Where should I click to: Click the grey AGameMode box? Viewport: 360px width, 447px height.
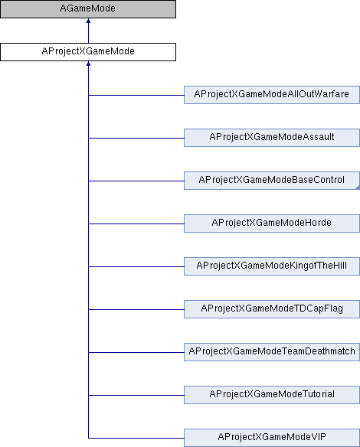(88, 9)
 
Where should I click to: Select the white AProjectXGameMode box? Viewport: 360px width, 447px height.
(88, 52)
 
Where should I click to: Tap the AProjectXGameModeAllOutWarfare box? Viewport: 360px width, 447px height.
(272, 95)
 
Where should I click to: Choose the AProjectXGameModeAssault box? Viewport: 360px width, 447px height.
(272, 138)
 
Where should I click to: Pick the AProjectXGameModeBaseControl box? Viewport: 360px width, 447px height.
(272, 181)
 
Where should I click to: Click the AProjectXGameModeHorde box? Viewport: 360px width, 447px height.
(272, 223)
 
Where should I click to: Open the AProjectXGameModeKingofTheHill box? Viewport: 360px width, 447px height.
(272, 266)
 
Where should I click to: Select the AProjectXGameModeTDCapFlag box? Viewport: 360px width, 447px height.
(272, 309)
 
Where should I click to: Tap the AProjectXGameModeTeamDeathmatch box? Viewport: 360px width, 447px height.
(272, 352)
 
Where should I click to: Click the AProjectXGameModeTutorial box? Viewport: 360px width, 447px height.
(272, 395)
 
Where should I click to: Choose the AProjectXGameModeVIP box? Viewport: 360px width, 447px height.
(272, 438)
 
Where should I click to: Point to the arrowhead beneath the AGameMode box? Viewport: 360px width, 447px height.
(88, 21)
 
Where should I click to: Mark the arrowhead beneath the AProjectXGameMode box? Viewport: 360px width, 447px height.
(88, 64)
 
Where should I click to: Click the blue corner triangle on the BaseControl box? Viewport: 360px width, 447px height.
(358, 188)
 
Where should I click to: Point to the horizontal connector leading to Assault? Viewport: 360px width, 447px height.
(136, 138)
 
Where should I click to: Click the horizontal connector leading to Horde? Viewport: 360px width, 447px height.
(136, 223)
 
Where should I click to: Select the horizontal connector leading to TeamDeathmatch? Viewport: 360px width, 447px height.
(136, 352)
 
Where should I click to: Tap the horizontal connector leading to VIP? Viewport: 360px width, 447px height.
(136, 438)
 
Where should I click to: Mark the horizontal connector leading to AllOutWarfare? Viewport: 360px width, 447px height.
(136, 95)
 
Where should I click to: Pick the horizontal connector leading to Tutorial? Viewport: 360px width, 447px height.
(136, 395)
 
